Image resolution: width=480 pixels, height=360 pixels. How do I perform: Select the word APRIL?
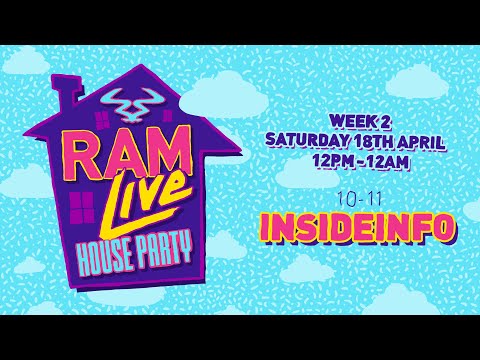[x=431, y=134]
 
